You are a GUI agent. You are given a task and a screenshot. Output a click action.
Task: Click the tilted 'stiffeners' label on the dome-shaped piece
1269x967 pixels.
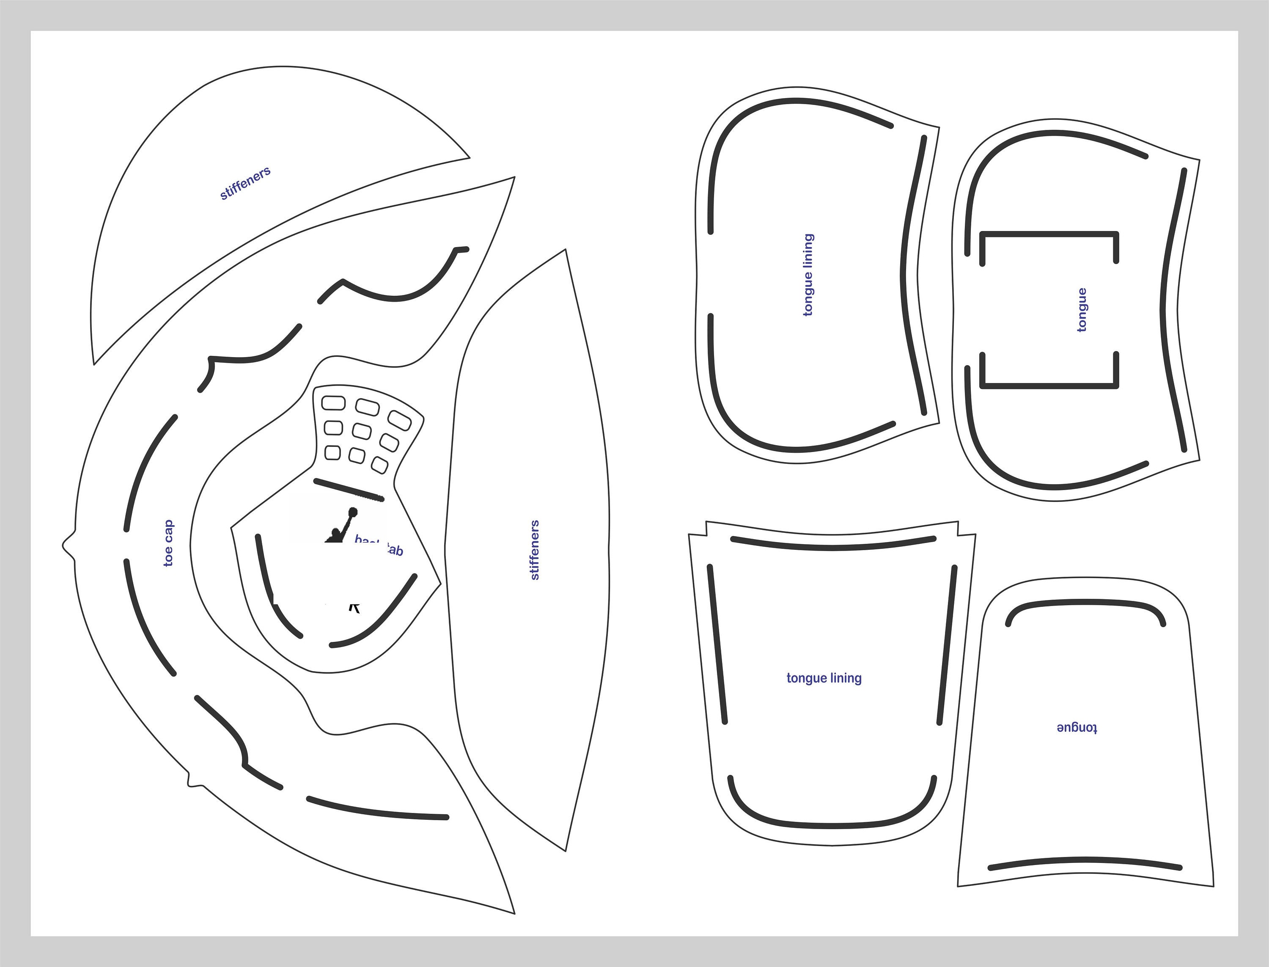[245, 184]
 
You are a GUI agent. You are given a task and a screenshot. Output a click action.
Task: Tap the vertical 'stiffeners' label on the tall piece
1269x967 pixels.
[534, 550]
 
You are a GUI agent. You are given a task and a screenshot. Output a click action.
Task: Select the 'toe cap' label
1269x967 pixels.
[168, 543]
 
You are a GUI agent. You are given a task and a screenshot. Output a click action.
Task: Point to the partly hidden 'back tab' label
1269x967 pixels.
[379, 545]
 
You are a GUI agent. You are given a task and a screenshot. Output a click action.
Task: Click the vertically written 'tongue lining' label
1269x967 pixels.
[808, 275]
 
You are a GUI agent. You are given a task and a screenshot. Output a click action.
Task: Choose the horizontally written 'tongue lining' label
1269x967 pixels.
[824, 678]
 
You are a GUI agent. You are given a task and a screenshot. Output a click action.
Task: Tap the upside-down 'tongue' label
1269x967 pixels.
[1077, 728]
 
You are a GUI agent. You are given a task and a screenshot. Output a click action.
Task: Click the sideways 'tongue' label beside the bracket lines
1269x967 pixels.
[1082, 310]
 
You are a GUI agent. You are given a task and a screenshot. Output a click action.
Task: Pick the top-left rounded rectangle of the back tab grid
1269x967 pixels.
[333, 402]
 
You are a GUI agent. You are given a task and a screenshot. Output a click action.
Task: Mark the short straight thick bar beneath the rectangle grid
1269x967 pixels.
[349, 490]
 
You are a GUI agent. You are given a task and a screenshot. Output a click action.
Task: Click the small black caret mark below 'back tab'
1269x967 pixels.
[355, 607]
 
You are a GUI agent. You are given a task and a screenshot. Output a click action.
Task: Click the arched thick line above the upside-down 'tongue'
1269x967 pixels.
[1085, 604]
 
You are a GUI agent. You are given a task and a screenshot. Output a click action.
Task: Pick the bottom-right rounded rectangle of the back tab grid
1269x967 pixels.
[380, 465]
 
